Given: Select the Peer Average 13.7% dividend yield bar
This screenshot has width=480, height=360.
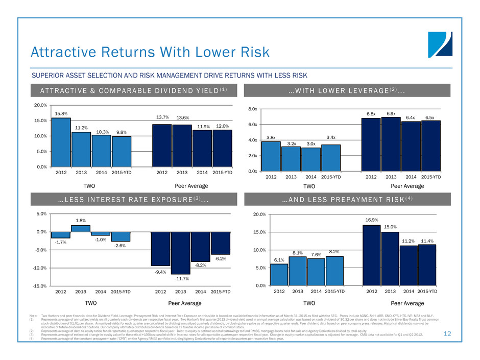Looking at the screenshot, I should coord(162,145).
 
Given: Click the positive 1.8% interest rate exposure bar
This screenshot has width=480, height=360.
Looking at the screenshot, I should coord(81,228).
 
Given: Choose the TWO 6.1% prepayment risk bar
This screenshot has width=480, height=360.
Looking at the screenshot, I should coord(279,274).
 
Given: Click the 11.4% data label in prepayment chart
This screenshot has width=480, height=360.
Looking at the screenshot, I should coord(427,241).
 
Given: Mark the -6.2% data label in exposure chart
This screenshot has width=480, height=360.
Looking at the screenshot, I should coord(221,259).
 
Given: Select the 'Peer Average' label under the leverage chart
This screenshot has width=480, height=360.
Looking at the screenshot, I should coord(401,186).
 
